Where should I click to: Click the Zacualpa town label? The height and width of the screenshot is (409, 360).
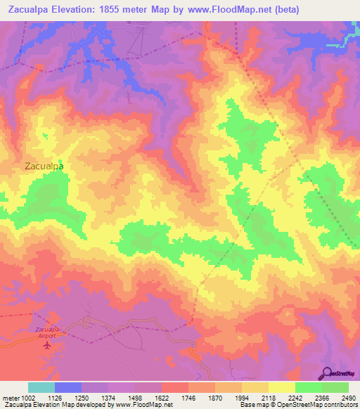click(44, 167)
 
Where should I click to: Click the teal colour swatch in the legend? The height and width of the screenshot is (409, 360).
click(41, 387)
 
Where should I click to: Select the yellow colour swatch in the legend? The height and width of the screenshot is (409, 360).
click(282, 387)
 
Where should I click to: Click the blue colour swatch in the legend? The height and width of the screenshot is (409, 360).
click(68, 387)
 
